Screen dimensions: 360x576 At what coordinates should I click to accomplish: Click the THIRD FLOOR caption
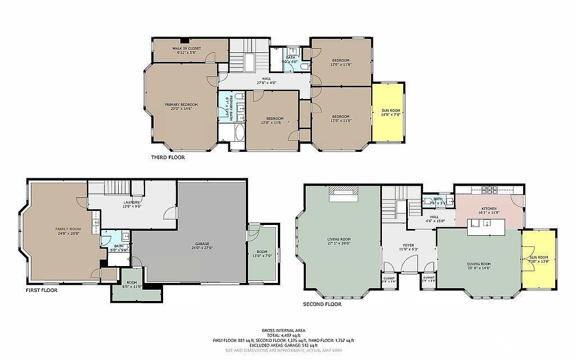click(x=168, y=157)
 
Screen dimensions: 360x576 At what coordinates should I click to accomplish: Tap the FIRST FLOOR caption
click(x=42, y=291)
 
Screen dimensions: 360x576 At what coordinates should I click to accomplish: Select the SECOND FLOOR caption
click(x=322, y=304)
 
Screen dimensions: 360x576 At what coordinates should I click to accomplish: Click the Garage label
click(x=202, y=246)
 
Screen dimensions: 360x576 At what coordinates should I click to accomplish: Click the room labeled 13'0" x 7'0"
click(x=262, y=253)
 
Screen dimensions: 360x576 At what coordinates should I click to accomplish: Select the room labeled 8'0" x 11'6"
click(x=132, y=284)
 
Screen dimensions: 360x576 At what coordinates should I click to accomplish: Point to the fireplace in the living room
click(x=343, y=193)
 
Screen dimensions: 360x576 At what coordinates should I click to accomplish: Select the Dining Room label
click(x=479, y=265)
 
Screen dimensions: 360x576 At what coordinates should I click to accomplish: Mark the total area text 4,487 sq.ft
click(x=287, y=335)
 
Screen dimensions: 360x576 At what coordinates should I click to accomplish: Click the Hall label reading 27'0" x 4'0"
click(x=264, y=80)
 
